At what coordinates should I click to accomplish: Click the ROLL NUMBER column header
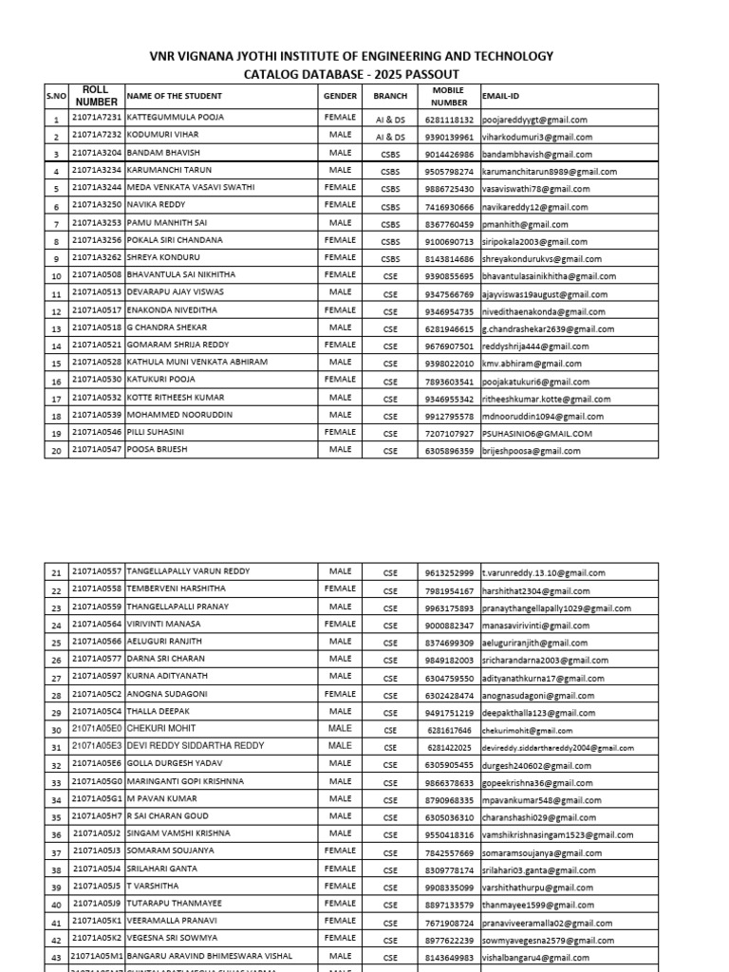point(96,95)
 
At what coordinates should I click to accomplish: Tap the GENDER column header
point(340,96)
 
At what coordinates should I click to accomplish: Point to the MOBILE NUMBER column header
point(448,96)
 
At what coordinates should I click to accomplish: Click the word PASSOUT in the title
point(430,74)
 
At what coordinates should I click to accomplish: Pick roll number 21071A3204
point(96,153)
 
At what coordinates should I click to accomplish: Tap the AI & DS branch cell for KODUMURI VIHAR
point(389,137)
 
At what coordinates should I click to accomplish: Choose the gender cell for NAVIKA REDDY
point(340,205)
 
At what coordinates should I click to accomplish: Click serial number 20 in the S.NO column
point(56,451)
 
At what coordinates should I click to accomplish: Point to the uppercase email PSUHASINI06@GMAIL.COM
point(537,433)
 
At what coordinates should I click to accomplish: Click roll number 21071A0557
point(96,571)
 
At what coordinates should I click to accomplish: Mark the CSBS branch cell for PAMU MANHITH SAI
point(389,224)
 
